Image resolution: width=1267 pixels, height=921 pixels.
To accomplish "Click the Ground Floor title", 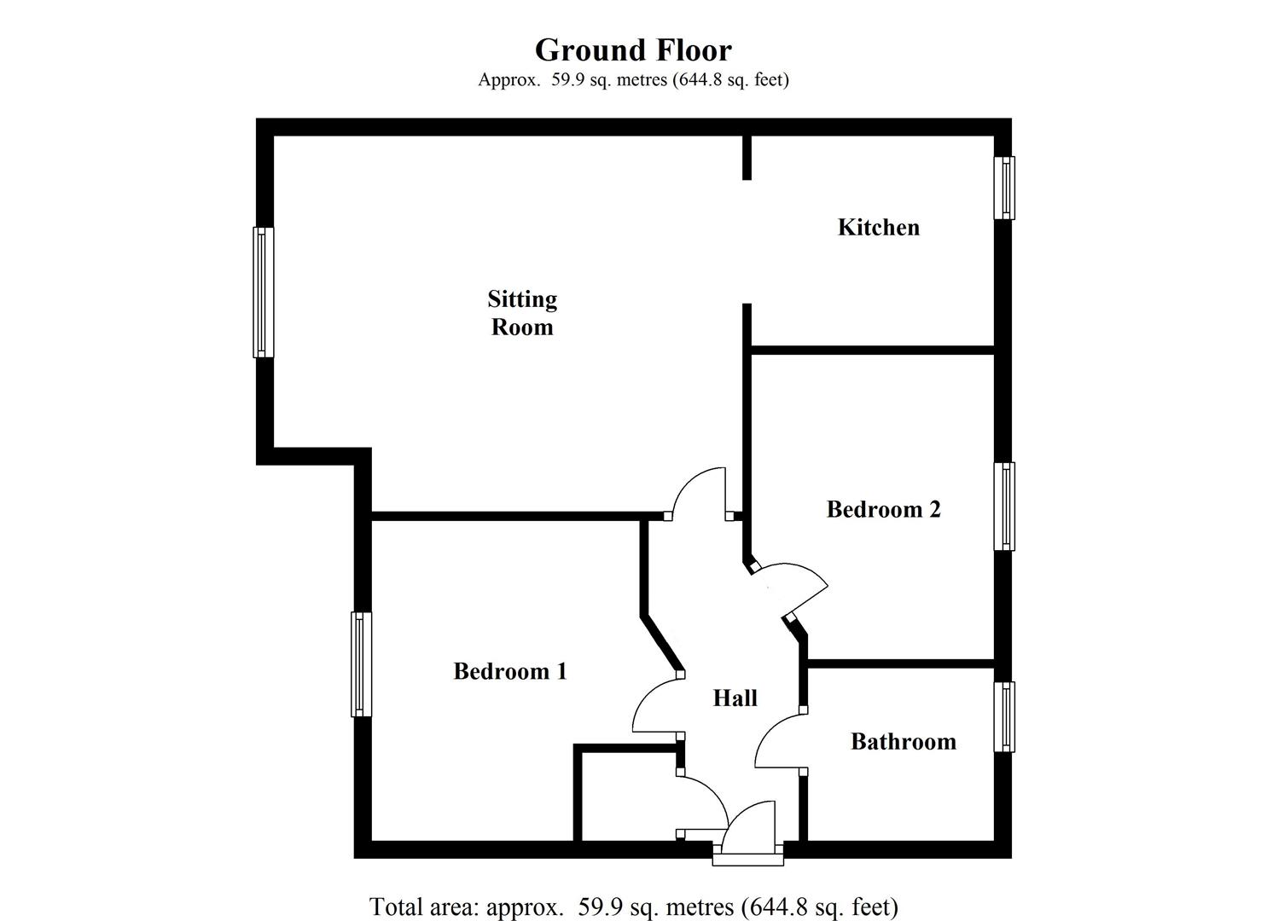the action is [x=633, y=50].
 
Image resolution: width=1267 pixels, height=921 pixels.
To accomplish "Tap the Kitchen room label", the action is [x=878, y=228].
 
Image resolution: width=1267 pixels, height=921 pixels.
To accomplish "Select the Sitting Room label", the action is [x=522, y=313].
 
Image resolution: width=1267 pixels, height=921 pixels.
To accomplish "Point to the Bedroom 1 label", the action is [x=509, y=672].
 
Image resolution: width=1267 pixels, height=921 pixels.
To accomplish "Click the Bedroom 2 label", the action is [x=883, y=510].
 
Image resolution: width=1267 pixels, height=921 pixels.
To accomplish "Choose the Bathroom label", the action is [x=903, y=742].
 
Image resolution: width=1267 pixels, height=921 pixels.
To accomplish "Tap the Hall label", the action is [x=735, y=698].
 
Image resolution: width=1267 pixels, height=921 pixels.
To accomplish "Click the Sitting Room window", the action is [x=263, y=292].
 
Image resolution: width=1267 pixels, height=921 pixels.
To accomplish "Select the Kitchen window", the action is [x=1004, y=188].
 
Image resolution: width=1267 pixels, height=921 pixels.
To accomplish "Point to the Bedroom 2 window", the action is [x=1004, y=507].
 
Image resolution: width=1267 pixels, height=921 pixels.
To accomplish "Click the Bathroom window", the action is [x=1004, y=716].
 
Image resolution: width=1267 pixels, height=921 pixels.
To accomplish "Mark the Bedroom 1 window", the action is [x=362, y=664].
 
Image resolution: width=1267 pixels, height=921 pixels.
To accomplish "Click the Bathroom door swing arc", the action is [x=776, y=742].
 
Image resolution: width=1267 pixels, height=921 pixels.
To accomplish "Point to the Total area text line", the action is [x=633, y=907].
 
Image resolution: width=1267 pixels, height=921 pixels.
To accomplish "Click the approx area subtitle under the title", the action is [x=633, y=80].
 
